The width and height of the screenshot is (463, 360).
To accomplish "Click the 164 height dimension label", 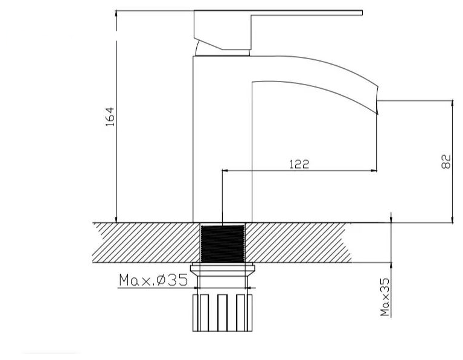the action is (x=110, y=117).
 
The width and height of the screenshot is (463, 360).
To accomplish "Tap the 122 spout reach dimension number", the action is (x=299, y=164).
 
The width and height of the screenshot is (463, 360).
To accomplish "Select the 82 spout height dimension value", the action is (x=446, y=161).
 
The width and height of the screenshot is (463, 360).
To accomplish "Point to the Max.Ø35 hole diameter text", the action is (x=153, y=280).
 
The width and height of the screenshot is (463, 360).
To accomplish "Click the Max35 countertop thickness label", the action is (x=385, y=297).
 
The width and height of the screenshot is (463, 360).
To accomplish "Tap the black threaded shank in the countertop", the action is (x=223, y=243).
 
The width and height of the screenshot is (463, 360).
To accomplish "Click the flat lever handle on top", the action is (x=278, y=30).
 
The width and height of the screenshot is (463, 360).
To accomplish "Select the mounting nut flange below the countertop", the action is (x=222, y=269).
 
